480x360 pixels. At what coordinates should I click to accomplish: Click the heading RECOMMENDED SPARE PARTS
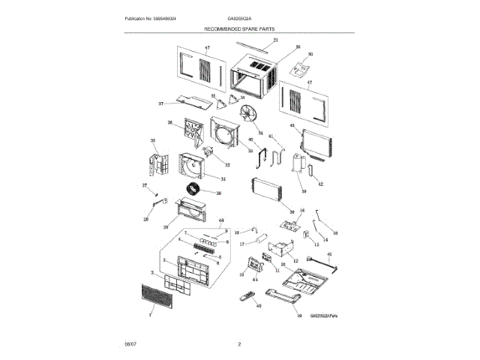(239, 28)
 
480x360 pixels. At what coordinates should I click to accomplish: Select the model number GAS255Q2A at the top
(238, 18)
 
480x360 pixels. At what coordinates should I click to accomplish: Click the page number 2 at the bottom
(238, 344)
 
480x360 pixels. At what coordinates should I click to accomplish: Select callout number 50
(310, 54)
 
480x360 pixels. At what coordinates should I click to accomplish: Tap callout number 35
(153, 140)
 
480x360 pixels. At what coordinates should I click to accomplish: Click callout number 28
(146, 219)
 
